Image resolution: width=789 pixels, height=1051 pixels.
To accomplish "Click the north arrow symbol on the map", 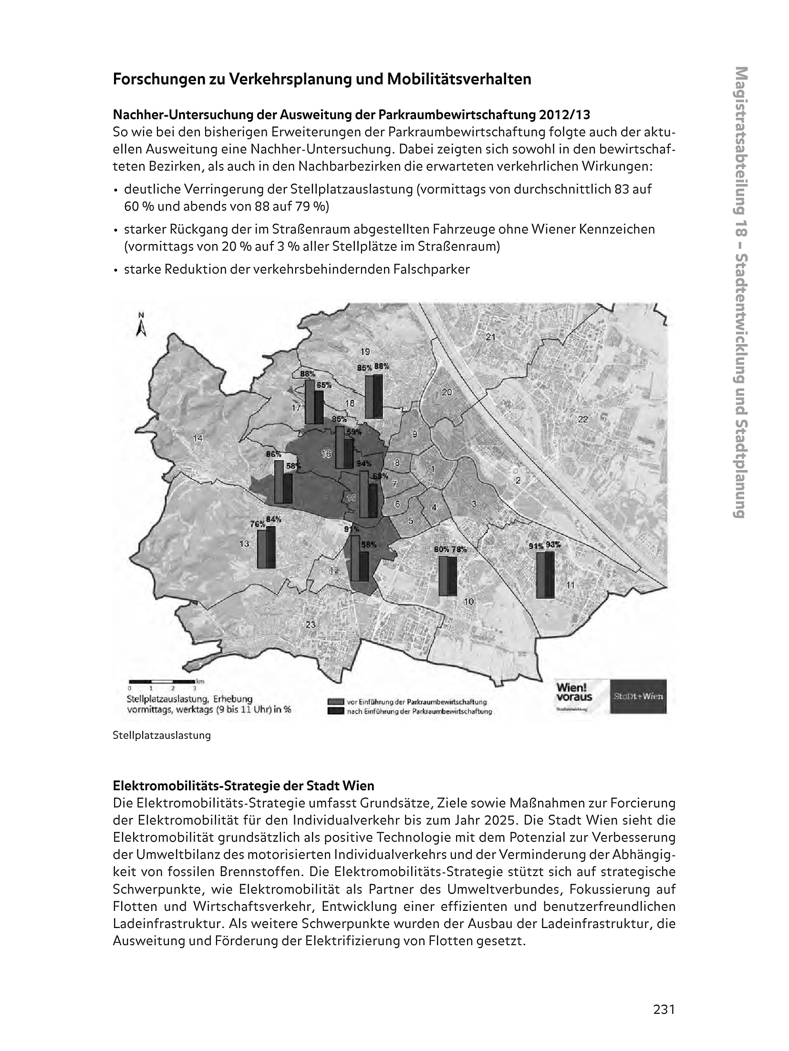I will tap(141, 326).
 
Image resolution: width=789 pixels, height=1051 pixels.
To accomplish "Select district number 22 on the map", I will tap(583, 419).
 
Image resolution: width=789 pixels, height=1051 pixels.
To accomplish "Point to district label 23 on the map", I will tap(311, 625).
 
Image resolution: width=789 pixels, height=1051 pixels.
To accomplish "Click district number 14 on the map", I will tap(197, 438).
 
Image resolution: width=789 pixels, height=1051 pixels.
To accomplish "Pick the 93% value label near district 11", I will tap(553, 545).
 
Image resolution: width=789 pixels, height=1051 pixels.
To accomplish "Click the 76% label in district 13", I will tap(258, 524).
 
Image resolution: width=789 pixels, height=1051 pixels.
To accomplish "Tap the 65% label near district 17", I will tap(324, 385).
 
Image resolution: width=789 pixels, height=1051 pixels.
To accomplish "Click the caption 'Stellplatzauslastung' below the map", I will tap(161, 735).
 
